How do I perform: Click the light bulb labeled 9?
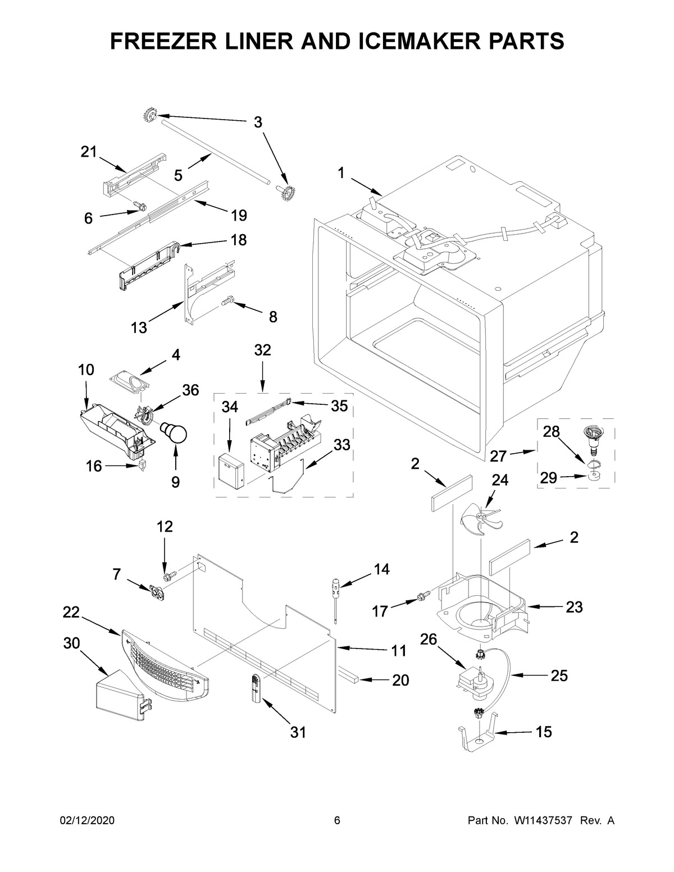point(176,433)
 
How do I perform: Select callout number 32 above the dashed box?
point(262,350)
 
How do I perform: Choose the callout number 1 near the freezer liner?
point(341,174)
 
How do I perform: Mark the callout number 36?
point(190,390)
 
